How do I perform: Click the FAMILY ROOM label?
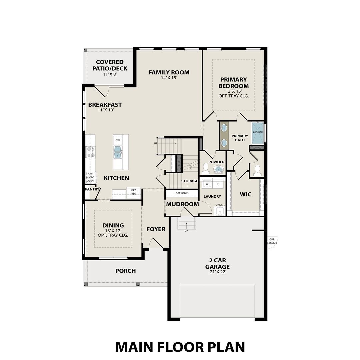[169, 72]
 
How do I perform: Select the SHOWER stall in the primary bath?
[258, 132]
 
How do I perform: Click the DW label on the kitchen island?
[117, 141]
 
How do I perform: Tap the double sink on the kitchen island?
[118, 152]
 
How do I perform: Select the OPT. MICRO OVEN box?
[90, 177]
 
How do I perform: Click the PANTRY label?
[92, 189]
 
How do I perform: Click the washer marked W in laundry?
[207, 184]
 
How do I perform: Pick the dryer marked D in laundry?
[219, 184]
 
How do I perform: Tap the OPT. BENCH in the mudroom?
[182, 193]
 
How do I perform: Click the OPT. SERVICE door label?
[272, 241]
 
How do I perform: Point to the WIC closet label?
[246, 194]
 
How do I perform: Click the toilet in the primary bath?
[257, 170]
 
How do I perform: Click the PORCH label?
[125, 271]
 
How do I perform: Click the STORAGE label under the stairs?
[190, 181]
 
